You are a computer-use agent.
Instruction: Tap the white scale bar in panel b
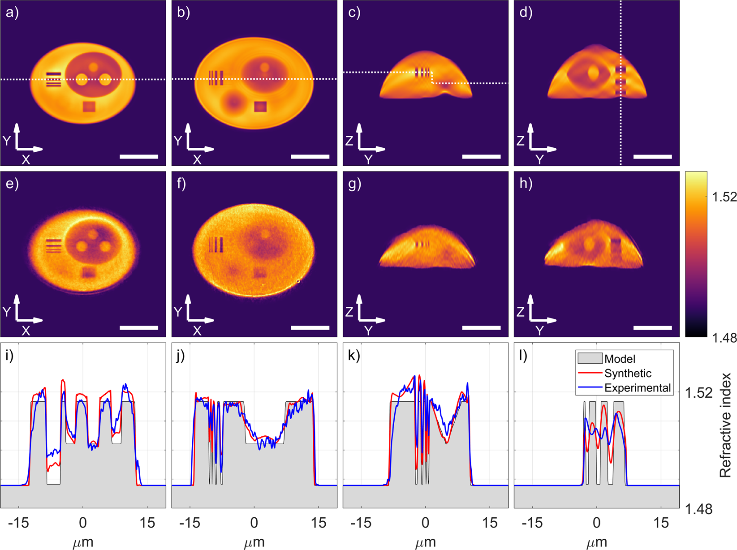(310, 156)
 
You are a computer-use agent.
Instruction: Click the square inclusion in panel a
(89, 107)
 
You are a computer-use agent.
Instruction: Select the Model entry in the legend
(620, 359)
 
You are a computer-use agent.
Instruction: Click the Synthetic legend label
(628, 373)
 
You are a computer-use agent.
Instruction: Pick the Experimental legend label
(637, 388)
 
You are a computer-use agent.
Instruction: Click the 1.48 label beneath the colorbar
(724, 338)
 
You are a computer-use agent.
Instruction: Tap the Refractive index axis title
(725, 425)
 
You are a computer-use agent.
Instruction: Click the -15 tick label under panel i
(18, 522)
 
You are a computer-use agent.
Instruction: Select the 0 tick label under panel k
(425, 522)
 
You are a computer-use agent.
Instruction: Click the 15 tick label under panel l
(661, 522)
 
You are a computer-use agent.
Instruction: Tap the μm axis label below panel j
(254, 542)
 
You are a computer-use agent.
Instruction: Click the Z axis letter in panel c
(349, 141)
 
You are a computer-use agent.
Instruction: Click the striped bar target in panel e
(53, 246)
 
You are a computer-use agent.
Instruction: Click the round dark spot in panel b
(233, 103)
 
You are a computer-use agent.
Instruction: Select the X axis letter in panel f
(197, 331)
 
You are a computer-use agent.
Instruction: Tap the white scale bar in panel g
(481, 328)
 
